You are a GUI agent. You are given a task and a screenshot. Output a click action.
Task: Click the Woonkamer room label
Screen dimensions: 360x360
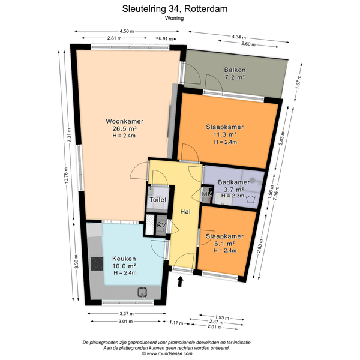(124, 121)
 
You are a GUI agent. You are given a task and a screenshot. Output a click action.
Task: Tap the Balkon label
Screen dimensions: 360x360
(235, 70)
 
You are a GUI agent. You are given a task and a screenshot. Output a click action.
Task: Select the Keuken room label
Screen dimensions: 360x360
(124, 259)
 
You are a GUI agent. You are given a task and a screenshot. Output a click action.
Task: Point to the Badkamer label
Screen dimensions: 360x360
(234, 182)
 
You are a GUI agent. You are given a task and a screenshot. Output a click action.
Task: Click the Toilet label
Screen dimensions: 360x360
(158, 200)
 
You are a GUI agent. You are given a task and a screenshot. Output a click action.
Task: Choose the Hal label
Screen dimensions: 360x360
(185, 211)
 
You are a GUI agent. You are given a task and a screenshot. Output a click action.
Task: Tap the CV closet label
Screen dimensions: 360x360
(161, 225)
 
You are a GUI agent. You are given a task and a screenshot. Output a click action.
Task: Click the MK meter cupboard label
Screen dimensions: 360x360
(207, 194)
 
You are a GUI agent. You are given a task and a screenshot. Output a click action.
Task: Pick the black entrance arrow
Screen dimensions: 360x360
(181, 281)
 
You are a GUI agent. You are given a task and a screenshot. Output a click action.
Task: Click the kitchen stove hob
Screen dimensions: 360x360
(97, 264)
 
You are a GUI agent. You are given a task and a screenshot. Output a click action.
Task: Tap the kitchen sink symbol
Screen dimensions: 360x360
(142, 293)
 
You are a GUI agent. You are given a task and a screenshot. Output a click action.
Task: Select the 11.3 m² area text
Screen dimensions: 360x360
(225, 134)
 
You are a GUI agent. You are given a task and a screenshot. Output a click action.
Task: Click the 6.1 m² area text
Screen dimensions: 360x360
(224, 244)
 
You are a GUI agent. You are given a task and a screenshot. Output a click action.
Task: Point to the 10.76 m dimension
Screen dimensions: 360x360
(66, 175)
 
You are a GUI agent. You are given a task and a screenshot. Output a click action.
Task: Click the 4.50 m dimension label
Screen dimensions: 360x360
(127, 31)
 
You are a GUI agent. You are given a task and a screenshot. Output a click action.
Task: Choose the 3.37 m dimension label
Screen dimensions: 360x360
(127, 313)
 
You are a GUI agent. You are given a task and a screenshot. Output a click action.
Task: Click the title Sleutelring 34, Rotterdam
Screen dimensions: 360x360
(175, 9)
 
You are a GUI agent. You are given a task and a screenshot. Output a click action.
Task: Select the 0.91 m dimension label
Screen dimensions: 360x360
(166, 38)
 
